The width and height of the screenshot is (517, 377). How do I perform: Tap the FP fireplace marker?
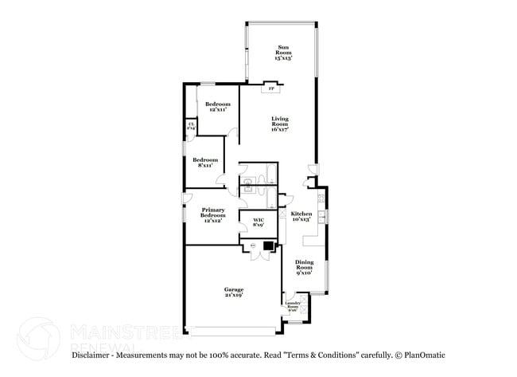tap(271, 88)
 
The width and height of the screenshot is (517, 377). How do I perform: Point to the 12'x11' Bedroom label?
tap(217, 108)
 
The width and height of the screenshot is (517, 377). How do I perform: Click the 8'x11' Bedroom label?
tap(205, 163)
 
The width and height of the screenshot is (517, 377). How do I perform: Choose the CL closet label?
tap(191, 126)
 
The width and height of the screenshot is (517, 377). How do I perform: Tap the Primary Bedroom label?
tap(212, 214)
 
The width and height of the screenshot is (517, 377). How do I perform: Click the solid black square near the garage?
tap(268, 247)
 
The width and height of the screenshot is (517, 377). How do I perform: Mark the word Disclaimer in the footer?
tap(95, 355)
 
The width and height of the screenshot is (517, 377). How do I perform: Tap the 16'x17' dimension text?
tap(279, 129)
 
